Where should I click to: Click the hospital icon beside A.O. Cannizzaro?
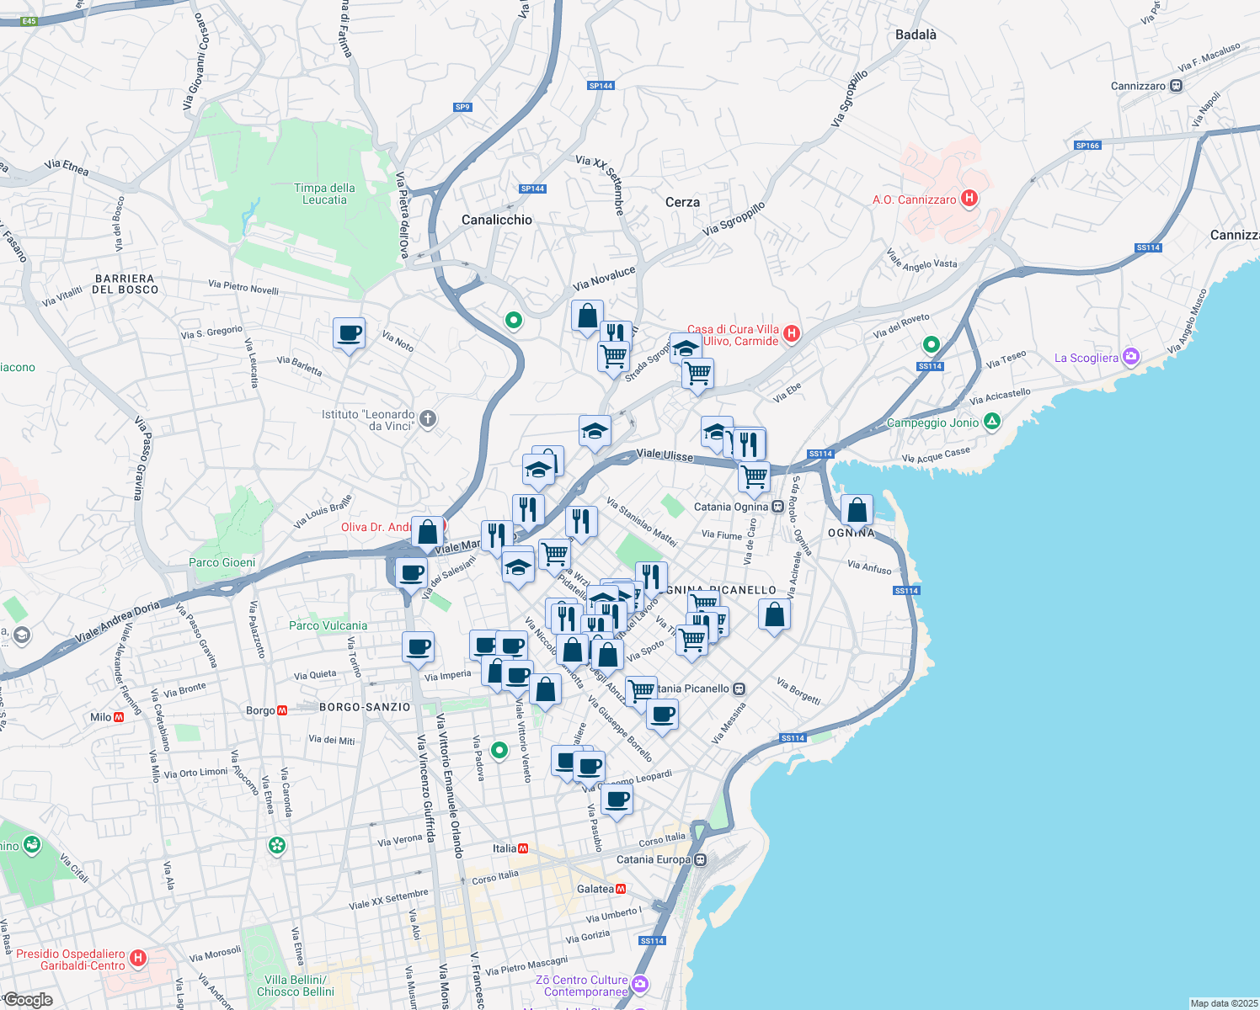pyautogui.click(x=969, y=199)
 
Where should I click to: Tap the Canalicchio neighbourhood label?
pyautogui.click(x=497, y=220)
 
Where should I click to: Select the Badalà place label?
pyautogui.click(x=916, y=35)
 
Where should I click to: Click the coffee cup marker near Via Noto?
pyautogui.click(x=349, y=333)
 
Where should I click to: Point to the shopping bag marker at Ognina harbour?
pyautogui.click(x=857, y=510)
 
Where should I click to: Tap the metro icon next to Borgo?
pyautogui.click(x=282, y=710)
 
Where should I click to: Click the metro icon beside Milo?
pyautogui.click(x=119, y=717)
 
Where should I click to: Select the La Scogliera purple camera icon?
pyautogui.click(x=1131, y=357)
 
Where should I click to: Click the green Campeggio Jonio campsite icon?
pyautogui.click(x=991, y=422)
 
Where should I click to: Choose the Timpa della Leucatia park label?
pyautogui.click(x=324, y=194)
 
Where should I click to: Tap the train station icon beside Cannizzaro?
pyautogui.click(x=1177, y=86)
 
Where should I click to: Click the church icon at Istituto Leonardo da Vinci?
pyautogui.click(x=428, y=419)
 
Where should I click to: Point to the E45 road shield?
pyautogui.click(x=29, y=21)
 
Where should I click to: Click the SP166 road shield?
pyautogui.click(x=1087, y=146)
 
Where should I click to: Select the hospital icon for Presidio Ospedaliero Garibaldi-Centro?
pyautogui.click(x=139, y=958)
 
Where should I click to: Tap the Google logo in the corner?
pyautogui.click(x=28, y=1000)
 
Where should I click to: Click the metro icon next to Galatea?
pyautogui.click(x=621, y=889)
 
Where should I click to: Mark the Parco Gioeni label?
pyautogui.click(x=222, y=562)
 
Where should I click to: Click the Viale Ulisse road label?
pyautogui.click(x=665, y=454)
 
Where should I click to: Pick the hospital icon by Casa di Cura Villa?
pyautogui.click(x=791, y=334)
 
